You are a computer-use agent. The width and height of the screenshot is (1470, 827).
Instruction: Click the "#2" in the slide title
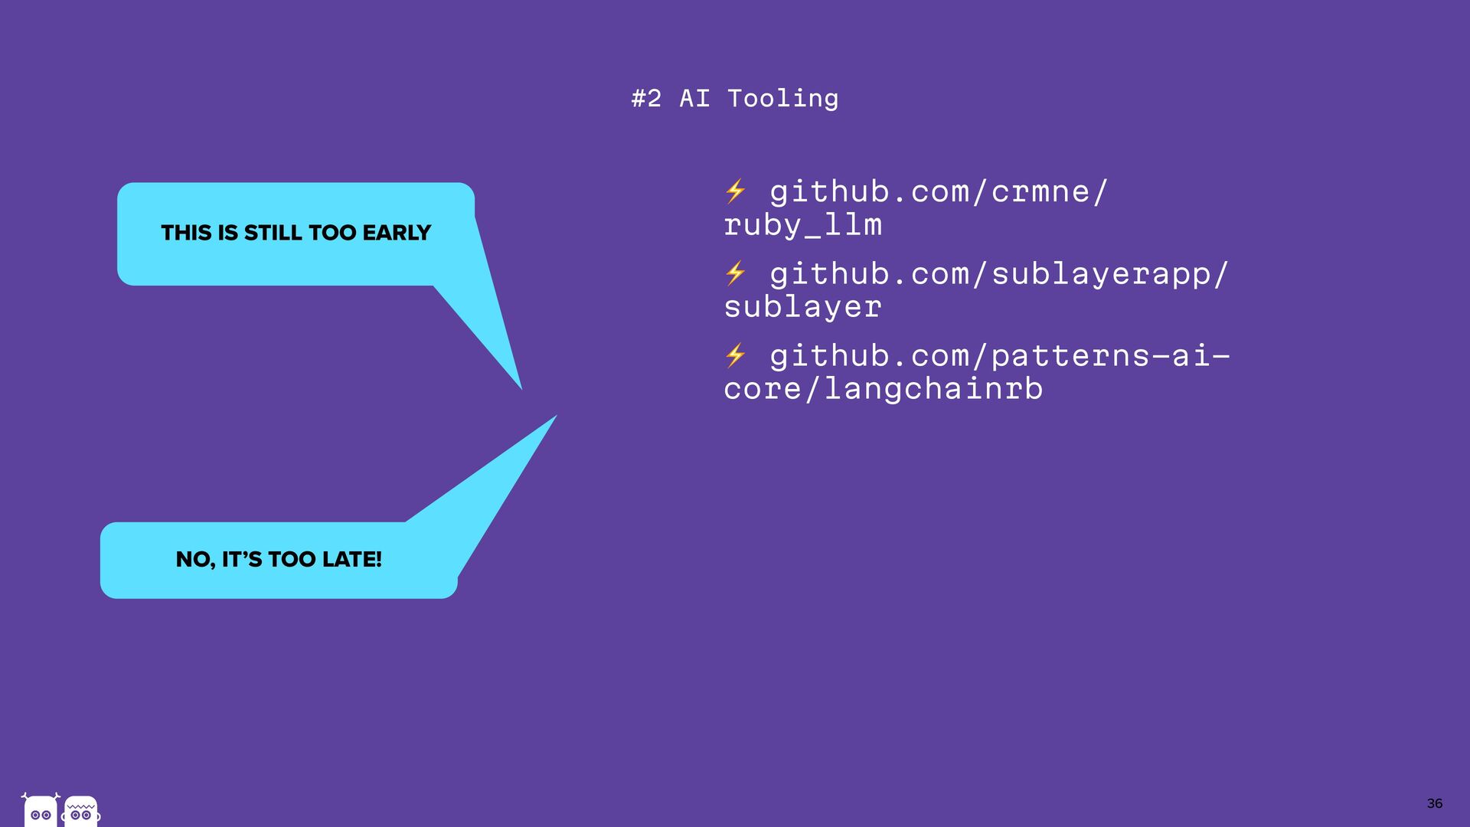coord(646,99)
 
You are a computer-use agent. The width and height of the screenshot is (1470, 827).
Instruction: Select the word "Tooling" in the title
coord(782,99)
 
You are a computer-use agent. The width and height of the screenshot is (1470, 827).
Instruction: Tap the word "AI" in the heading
coord(694,99)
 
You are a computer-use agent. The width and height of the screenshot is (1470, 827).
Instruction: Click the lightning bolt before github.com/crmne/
coord(735,191)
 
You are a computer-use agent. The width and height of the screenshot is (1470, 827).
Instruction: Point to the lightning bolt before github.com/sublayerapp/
coord(735,273)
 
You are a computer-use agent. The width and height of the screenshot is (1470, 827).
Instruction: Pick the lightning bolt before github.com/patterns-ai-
coord(735,355)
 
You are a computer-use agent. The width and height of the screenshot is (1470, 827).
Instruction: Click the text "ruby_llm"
coord(802,225)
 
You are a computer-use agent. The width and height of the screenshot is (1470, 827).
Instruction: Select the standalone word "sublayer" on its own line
coord(802,307)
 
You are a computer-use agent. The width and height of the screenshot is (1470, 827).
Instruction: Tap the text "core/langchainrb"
coord(883,389)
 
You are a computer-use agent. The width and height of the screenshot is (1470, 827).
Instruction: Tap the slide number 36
coord(1434,803)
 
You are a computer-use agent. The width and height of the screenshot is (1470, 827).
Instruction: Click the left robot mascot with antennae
coord(41,811)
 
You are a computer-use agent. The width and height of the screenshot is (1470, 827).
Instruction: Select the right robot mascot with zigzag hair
coord(81,811)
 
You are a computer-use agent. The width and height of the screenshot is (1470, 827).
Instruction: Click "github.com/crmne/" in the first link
coord(938,191)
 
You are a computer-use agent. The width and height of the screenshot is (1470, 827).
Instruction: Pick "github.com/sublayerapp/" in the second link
coord(998,273)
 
